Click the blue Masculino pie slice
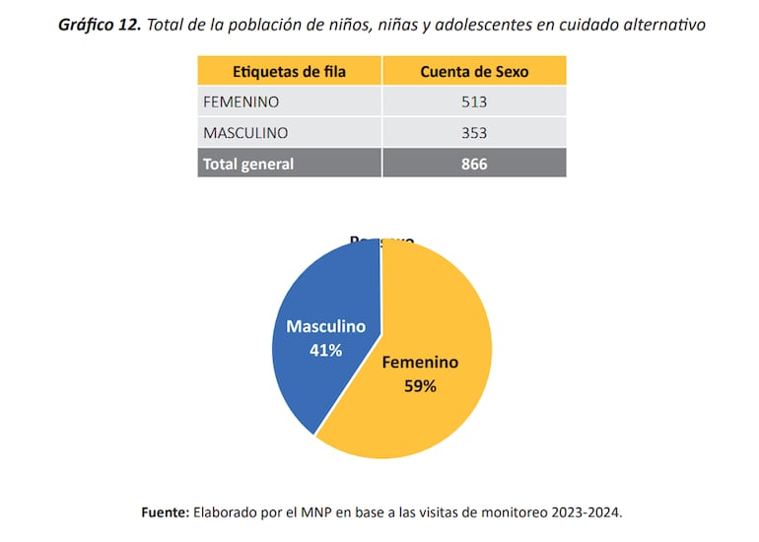[315, 296]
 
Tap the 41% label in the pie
[325, 350]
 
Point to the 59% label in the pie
[420, 386]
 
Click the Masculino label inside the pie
[325, 326]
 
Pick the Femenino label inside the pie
[420, 362]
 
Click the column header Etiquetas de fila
[289, 71]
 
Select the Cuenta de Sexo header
[473, 71]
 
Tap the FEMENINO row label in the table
[241, 102]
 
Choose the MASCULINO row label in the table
[245, 133]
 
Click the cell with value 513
[473, 102]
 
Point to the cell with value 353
[473, 133]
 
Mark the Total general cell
[248, 164]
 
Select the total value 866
[473, 164]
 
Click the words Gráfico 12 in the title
[99, 25]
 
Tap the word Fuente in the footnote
[164, 512]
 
